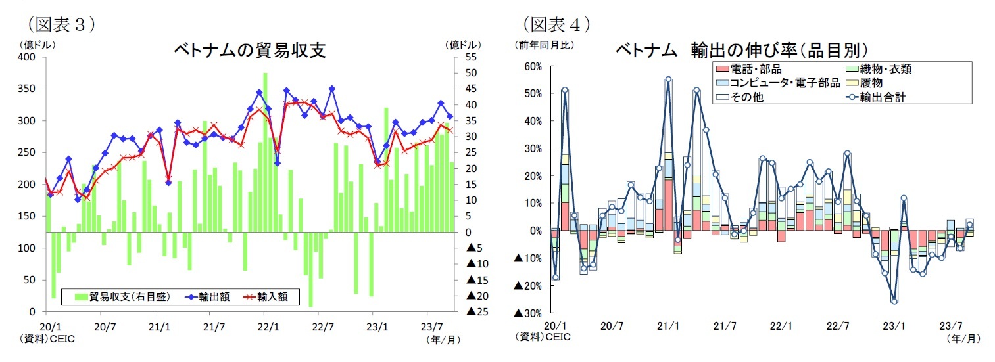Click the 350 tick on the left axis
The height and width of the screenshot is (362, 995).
point(27,89)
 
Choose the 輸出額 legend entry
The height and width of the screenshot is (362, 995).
point(209,297)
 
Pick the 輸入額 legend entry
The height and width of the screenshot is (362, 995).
point(268,297)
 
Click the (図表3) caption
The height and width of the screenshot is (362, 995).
point(61,25)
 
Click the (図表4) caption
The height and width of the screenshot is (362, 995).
point(556,25)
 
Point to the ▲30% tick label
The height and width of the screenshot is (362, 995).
point(528,313)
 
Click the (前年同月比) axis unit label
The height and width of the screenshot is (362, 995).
point(545,45)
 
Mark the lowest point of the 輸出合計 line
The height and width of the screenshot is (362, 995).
point(894,301)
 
